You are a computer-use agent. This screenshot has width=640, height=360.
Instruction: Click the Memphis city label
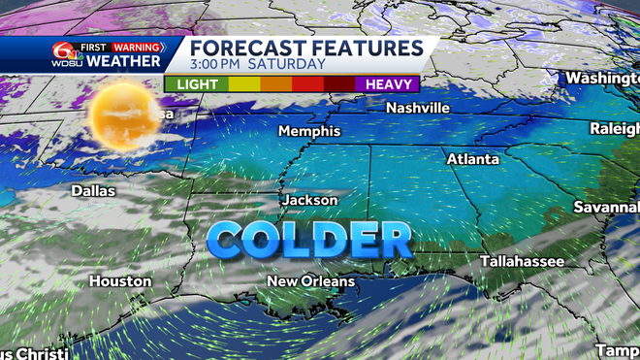tap(309, 131)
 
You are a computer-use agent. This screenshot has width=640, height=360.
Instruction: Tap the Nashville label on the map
tap(418, 108)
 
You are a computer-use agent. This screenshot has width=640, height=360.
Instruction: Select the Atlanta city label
tap(473, 158)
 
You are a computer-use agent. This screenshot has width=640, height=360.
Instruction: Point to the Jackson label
tap(310, 200)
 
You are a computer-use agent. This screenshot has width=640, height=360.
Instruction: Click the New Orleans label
tap(311, 281)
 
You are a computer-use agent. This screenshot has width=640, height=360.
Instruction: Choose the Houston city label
tap(120, 281)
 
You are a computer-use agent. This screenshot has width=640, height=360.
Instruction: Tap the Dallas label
tap(93, 191)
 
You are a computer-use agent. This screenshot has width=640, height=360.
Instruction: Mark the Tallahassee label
tap(523, 261)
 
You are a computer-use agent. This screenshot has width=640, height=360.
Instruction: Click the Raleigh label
tap(615, 129)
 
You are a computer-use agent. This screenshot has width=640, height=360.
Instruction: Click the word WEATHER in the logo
tap(122, 62)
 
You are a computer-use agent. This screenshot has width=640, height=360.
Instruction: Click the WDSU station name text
tap(65, 64)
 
